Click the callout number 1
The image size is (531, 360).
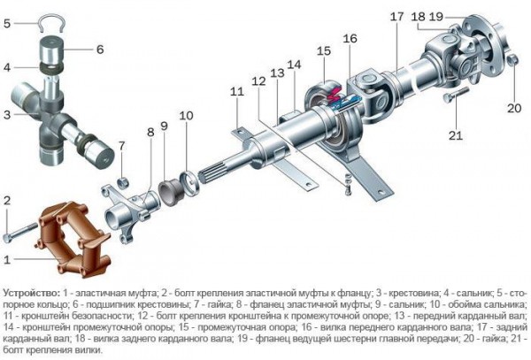(x=8, y=259)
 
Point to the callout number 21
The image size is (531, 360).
(x=456, y=134)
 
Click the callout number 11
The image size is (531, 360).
(x=236, y=92)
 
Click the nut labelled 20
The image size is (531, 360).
(x=512, y=60)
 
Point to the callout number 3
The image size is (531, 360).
(x=8, y=115)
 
